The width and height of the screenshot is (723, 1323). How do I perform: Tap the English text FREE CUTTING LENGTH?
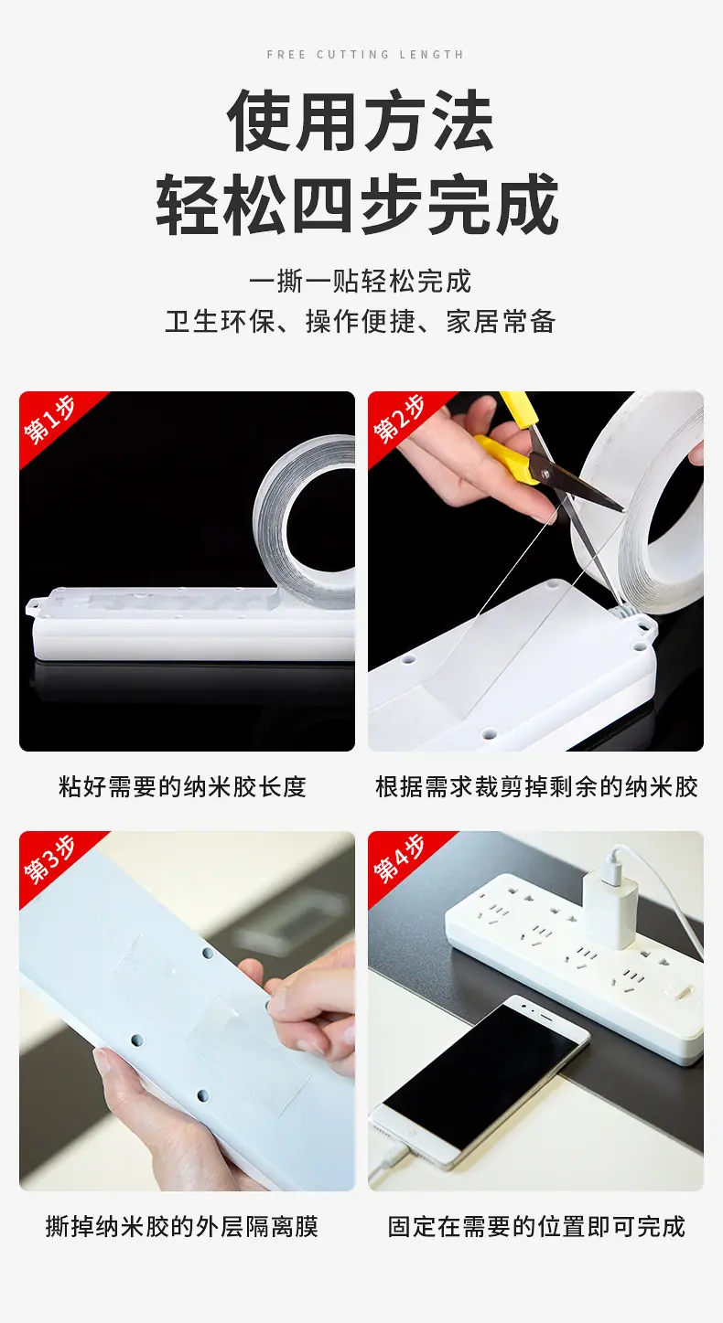coord(365,55)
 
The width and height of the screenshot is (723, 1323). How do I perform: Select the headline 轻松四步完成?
coord(358,205)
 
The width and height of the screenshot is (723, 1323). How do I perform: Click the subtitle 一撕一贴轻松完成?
coord(360,281)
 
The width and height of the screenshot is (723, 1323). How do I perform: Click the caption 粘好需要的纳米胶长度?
coord(183,787)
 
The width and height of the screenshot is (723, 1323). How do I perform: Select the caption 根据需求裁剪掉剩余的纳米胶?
coord(537,787)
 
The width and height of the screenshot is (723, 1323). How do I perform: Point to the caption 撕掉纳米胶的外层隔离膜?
coord(182,1227)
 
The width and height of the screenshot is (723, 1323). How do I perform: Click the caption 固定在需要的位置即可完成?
coord(537,1227)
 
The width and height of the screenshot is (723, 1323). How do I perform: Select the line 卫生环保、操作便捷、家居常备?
coord(360,322)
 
